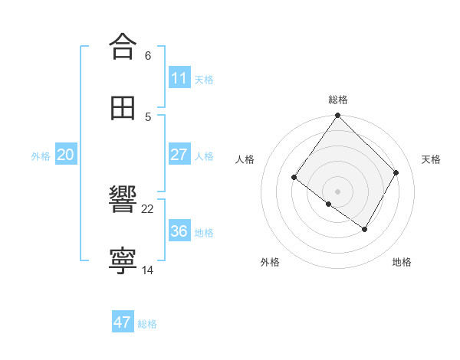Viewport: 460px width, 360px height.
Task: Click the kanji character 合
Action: (123, 47)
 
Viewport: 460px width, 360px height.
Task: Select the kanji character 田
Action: (123, 108)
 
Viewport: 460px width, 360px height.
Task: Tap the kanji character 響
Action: (123, 200)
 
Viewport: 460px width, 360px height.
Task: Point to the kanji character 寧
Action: (123, 261)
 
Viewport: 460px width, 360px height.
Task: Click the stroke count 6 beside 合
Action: (148, 55)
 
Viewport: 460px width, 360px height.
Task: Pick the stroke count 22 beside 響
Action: (148, 208)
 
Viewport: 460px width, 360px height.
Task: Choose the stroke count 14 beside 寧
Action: (148, 270)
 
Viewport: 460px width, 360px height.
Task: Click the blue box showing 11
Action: (179, 78)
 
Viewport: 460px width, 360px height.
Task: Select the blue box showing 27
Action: (179, 155)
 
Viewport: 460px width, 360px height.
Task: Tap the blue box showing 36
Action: (179, 231)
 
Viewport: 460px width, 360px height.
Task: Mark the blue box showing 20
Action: (65, 155)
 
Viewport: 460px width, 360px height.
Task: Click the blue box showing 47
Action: (123, 322)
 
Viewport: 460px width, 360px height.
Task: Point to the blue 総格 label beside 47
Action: (147, 324)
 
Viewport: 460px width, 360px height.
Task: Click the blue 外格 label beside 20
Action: (41, 156)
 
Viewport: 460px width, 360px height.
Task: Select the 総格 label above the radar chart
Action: (338, 100)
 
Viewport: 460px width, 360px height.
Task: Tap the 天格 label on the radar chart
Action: (431, 159)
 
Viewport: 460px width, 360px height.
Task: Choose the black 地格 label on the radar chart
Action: (402, 263)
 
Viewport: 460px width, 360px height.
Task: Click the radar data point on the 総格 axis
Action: (338, 116)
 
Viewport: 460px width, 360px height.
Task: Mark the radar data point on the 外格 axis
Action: (329, 204)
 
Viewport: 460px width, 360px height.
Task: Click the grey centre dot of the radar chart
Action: (338, 191)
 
